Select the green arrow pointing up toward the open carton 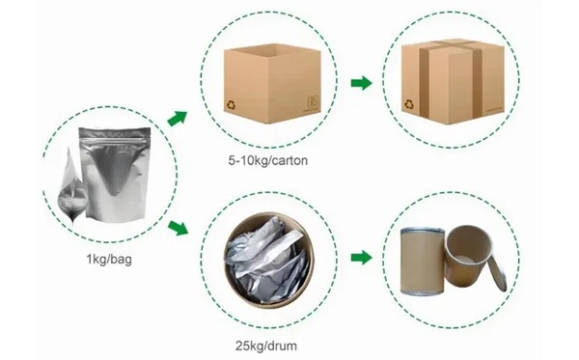[x=177, y=119]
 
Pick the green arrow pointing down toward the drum [x=177, y=229]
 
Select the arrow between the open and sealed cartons [x=359, y=84]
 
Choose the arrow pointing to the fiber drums [x=360, y=259]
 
